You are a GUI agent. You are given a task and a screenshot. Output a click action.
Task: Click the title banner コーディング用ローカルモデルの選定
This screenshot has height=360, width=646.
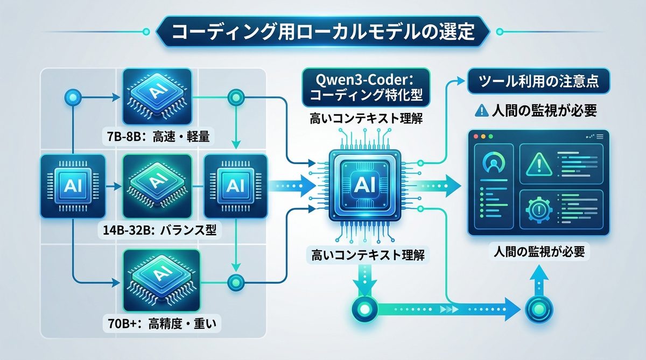tap(322, 32)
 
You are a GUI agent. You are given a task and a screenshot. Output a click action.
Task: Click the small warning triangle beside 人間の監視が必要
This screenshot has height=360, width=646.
tap(481, 110)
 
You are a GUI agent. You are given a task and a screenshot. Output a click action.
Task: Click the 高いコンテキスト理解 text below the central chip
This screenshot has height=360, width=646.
tap(364, 254)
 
